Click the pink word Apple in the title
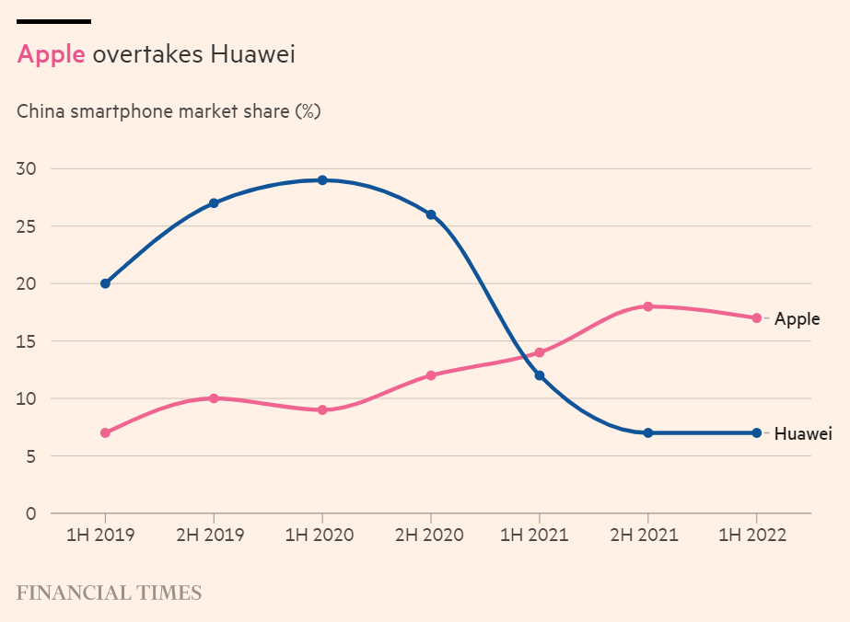(51, 54)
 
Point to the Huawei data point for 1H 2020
(322, 180)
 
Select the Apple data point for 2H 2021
(648, 306)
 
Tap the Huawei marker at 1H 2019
(105, 283)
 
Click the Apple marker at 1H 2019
(105, 432)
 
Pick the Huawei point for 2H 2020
(431, 214)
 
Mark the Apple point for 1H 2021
(540, 352)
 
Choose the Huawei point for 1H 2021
(540, 375)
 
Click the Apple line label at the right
(797, 319)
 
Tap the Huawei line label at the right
(803, 433)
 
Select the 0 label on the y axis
(30, 513)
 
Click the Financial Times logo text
(109, 593)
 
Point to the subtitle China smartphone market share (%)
(169, 111)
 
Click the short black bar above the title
(53, 20)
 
